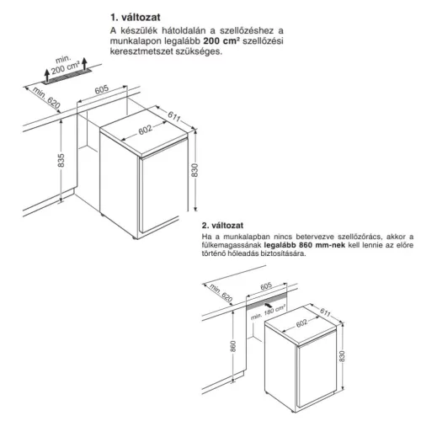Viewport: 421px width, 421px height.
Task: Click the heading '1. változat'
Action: [x=136, y=18]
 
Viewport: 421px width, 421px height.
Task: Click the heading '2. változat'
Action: [x=222, y=226]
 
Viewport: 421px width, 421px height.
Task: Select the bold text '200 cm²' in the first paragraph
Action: [x=221, y=41]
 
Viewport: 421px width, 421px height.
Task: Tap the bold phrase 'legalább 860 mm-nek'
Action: [x=305, y=245]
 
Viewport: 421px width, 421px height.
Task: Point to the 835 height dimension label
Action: [x=61, y=160]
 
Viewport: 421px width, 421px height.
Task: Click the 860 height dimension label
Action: [x=233, y=346]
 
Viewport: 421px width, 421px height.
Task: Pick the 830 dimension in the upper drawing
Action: [x=195, y=170]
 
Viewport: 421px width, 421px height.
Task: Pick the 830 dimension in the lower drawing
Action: [x=342, y=356]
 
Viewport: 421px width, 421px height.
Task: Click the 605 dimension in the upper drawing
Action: [x=101, y=89]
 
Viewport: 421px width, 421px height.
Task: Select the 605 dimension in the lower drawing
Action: [x=266, y=286]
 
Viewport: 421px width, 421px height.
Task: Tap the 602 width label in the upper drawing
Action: [x=146, y=130]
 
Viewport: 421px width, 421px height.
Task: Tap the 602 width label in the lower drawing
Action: [x=301, y=323]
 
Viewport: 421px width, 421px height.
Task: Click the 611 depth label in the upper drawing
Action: [x=174, y=116]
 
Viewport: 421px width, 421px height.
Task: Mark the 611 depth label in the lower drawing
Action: [x=325, y=312]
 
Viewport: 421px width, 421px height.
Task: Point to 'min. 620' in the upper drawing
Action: [x=46, y=98]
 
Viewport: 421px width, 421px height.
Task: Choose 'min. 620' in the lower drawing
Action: [x=221, y=293]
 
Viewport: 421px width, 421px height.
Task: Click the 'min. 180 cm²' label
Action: [x=268, y=312]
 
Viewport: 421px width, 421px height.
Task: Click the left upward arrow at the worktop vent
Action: [x=47, y=75]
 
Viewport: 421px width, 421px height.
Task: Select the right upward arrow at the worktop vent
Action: [x=84, y=63]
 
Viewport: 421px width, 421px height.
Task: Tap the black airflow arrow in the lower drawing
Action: [x=269, y=305]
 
